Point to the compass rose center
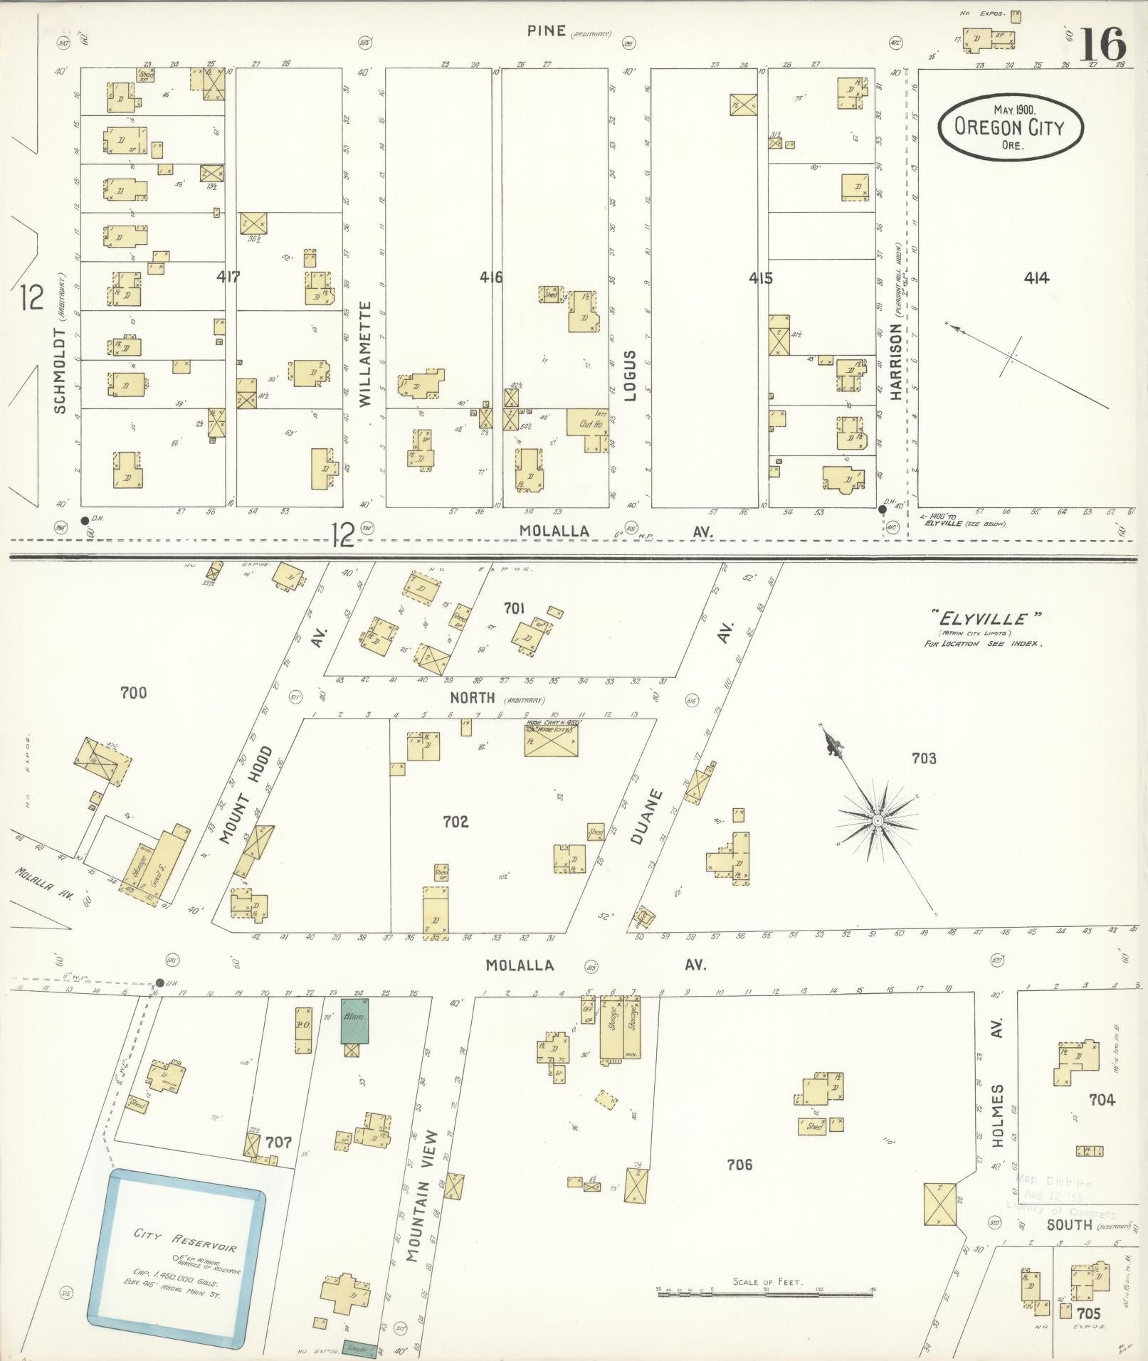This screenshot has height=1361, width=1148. [878, 821]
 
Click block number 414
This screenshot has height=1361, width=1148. [1036, 278]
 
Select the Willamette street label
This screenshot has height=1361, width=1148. [365, 354]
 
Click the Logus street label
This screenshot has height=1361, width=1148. [630, 376]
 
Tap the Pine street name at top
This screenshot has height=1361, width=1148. [547, 31]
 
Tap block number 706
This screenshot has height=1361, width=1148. [739, 1165]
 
